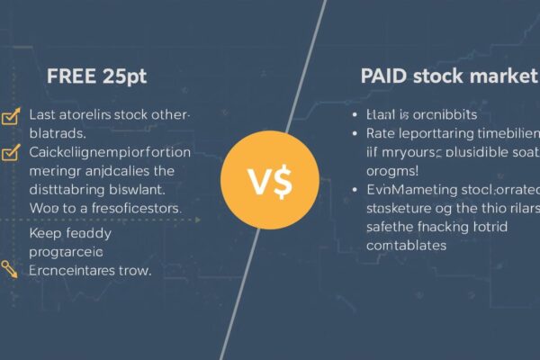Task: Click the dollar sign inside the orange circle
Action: pos(282,184)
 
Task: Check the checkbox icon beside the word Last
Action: pos(12,115)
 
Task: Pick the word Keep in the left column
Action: pos(47,232)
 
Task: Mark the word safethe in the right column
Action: pos(393,226)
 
